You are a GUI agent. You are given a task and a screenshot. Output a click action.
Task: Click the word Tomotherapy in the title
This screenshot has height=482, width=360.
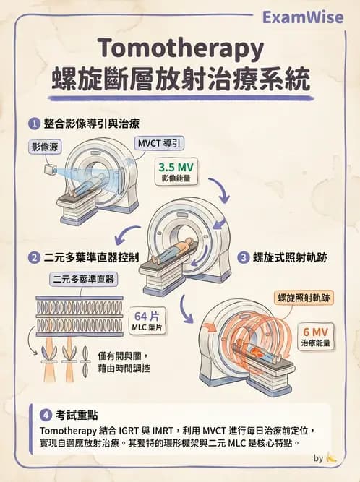[180, 48]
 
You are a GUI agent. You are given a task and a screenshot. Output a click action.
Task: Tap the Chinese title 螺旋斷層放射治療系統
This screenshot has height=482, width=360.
[180, 79]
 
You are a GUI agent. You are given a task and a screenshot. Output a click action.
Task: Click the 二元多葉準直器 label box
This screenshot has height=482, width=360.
[85, 279]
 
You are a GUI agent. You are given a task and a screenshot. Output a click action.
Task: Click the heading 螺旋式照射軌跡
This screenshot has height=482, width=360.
[293, 257]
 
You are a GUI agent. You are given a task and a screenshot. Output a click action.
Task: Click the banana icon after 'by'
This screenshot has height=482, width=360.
[331, 457]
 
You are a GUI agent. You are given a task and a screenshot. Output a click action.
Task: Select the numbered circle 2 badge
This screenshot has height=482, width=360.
[33, 257]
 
